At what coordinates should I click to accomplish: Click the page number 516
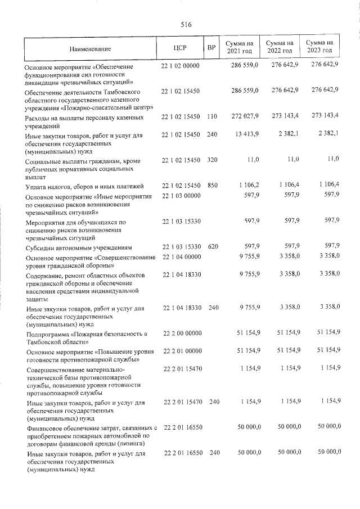[186, 25]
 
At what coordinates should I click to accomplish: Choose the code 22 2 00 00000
[182, 334]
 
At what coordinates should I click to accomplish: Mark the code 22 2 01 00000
[182, 351]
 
